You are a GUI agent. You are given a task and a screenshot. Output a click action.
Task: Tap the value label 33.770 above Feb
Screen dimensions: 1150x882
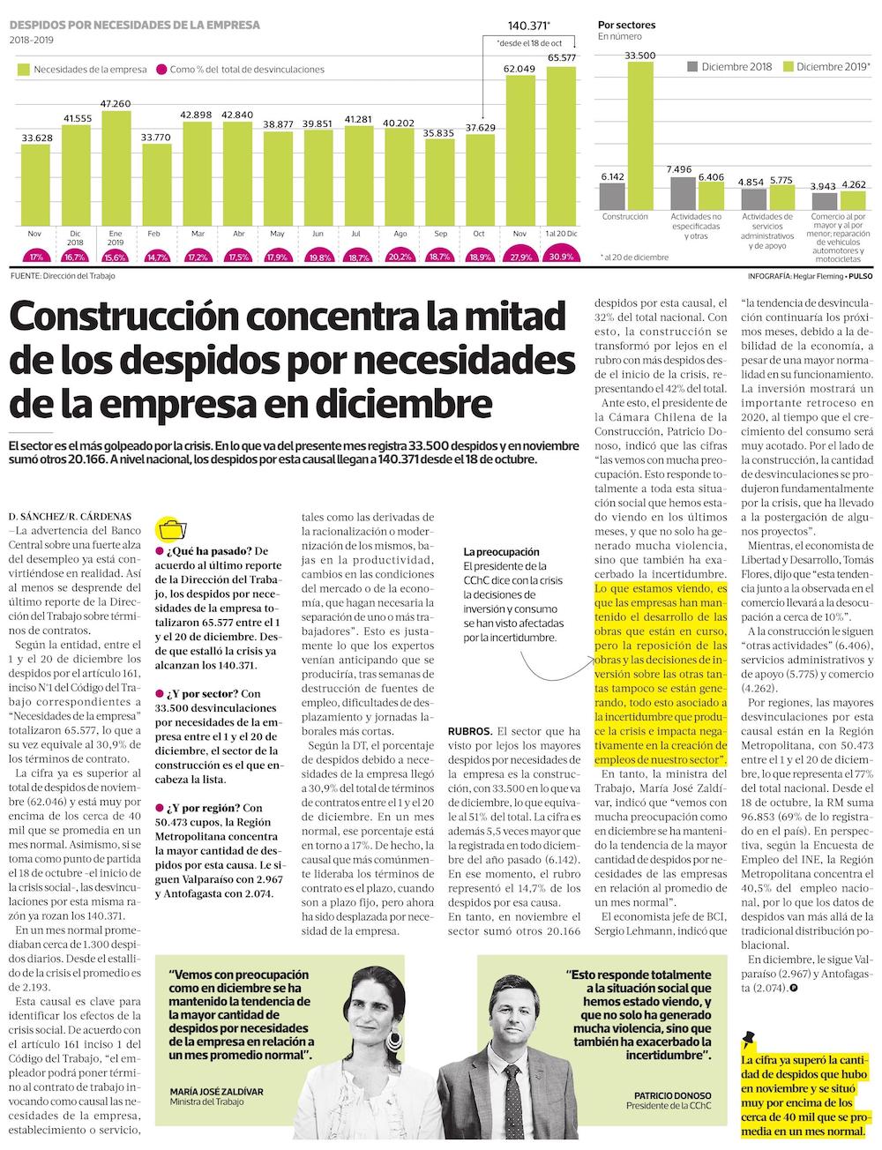156,137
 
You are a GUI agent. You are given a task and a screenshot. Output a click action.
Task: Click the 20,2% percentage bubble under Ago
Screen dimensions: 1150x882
400,257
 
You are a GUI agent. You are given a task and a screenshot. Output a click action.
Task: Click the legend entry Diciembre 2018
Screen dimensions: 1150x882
737,67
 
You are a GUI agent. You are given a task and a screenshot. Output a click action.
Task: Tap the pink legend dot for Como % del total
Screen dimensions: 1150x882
161,69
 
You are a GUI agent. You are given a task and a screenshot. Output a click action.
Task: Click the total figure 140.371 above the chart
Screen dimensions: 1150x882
528,26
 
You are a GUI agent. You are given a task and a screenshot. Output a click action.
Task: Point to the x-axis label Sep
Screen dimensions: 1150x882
440,233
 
